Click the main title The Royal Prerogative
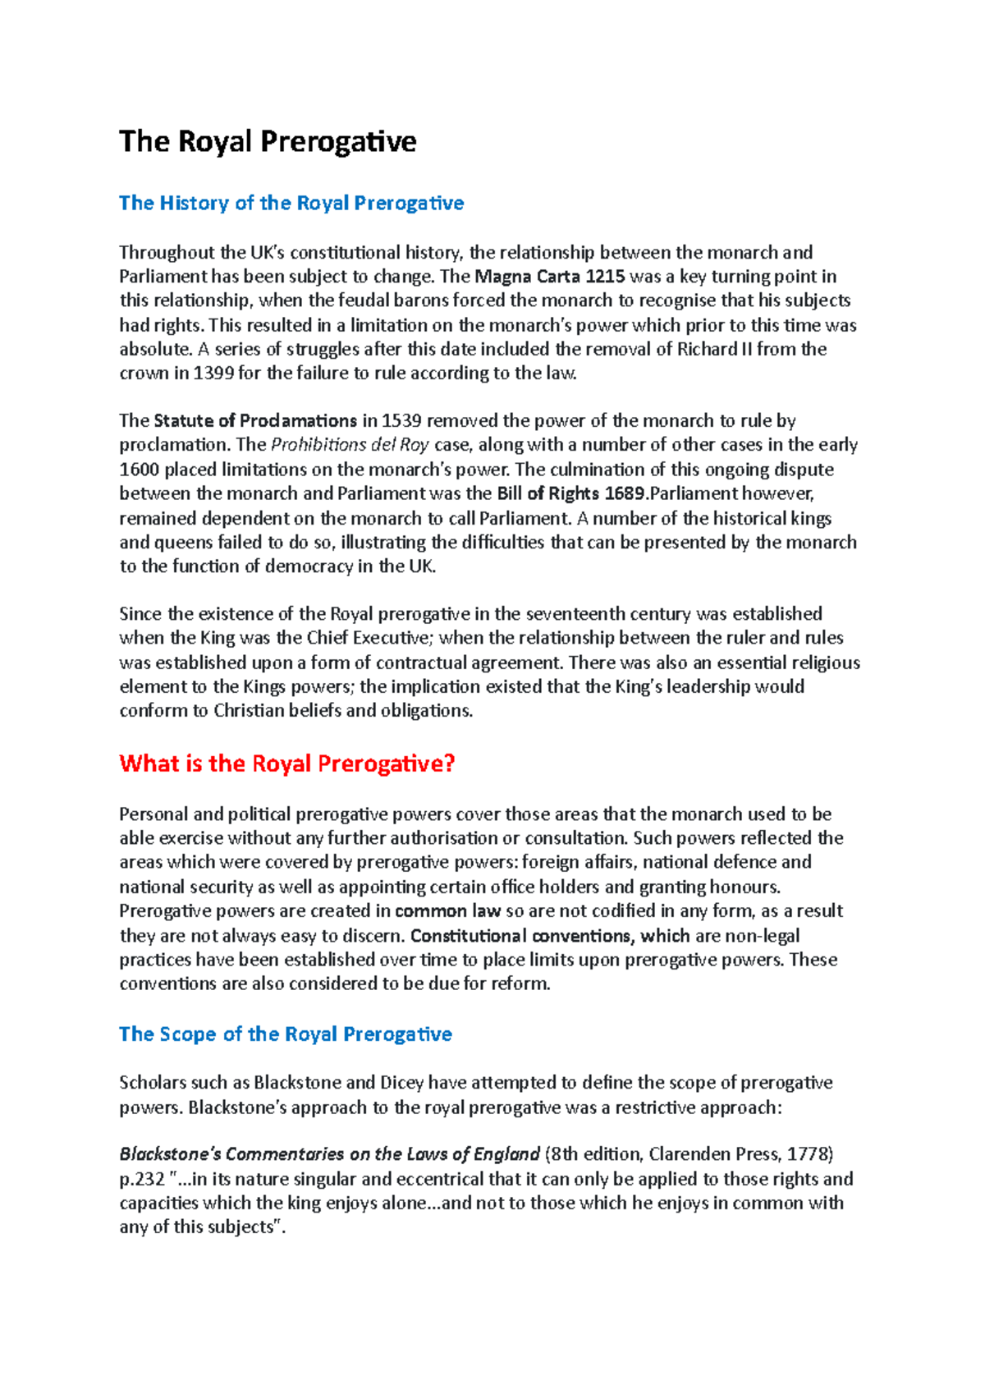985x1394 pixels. (x=268, y=141)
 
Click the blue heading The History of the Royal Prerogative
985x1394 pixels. (x=291, y=203)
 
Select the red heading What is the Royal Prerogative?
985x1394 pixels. (x=286, y=763)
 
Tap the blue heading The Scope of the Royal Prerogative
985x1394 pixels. (x=285, y=1034)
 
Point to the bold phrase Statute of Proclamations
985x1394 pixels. (x=254, y=421)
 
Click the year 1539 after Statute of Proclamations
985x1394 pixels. (x=401, y=421)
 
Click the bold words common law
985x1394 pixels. (x=447, y=911)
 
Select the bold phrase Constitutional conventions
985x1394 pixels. (x=520, y=936)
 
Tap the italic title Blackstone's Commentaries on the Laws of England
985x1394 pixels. (x=329, y=1154)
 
